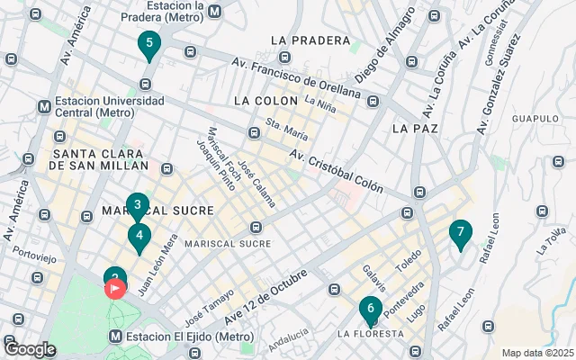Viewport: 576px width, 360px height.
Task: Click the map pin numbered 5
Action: coord(148,43)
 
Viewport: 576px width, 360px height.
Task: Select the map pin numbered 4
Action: coord(139,237)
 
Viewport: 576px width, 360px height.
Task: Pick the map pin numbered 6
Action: coord(370,310)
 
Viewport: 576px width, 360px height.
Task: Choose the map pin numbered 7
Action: coord(460,233)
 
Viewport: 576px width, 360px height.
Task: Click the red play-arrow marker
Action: coord(116,289)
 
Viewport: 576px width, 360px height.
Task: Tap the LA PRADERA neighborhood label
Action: coord(309,40)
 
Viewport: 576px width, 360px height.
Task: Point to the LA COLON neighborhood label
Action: coord(265,100)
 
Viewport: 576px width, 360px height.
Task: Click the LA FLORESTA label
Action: coord(370,334)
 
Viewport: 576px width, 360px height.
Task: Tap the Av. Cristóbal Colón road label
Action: coord(336,171)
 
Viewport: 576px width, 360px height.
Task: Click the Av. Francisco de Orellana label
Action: coord(296,77)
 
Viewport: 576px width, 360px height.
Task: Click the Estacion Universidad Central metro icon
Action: coord(44,106)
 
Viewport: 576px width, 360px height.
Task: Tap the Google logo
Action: coord(30,348)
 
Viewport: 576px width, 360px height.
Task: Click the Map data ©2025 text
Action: coord(536,353)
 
